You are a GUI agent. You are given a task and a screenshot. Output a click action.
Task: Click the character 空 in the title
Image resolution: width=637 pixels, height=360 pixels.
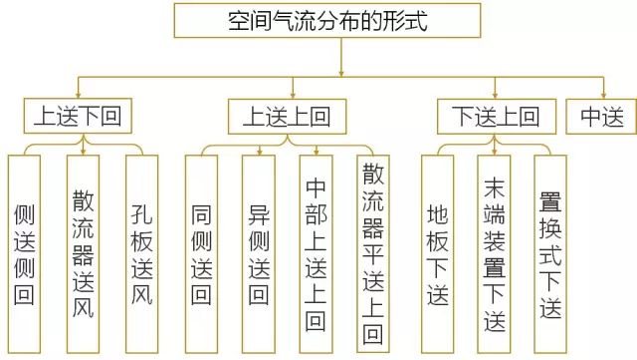pyautogui.click(x=241, y=21)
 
